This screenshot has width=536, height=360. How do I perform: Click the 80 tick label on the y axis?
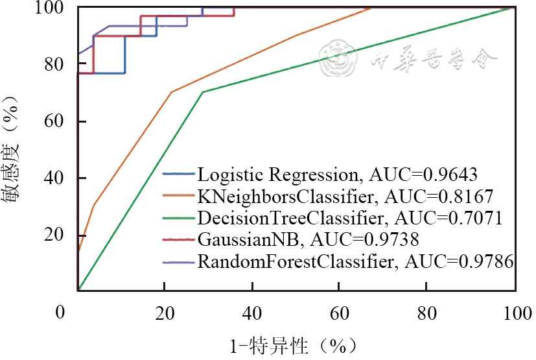click(x=60, y=64)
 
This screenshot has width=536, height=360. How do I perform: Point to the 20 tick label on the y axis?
click(x=60, y=235)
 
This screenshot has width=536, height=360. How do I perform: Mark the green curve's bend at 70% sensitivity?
click(x=203, y=92)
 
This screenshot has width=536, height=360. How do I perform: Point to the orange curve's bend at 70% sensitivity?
click(x=171, y=92)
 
